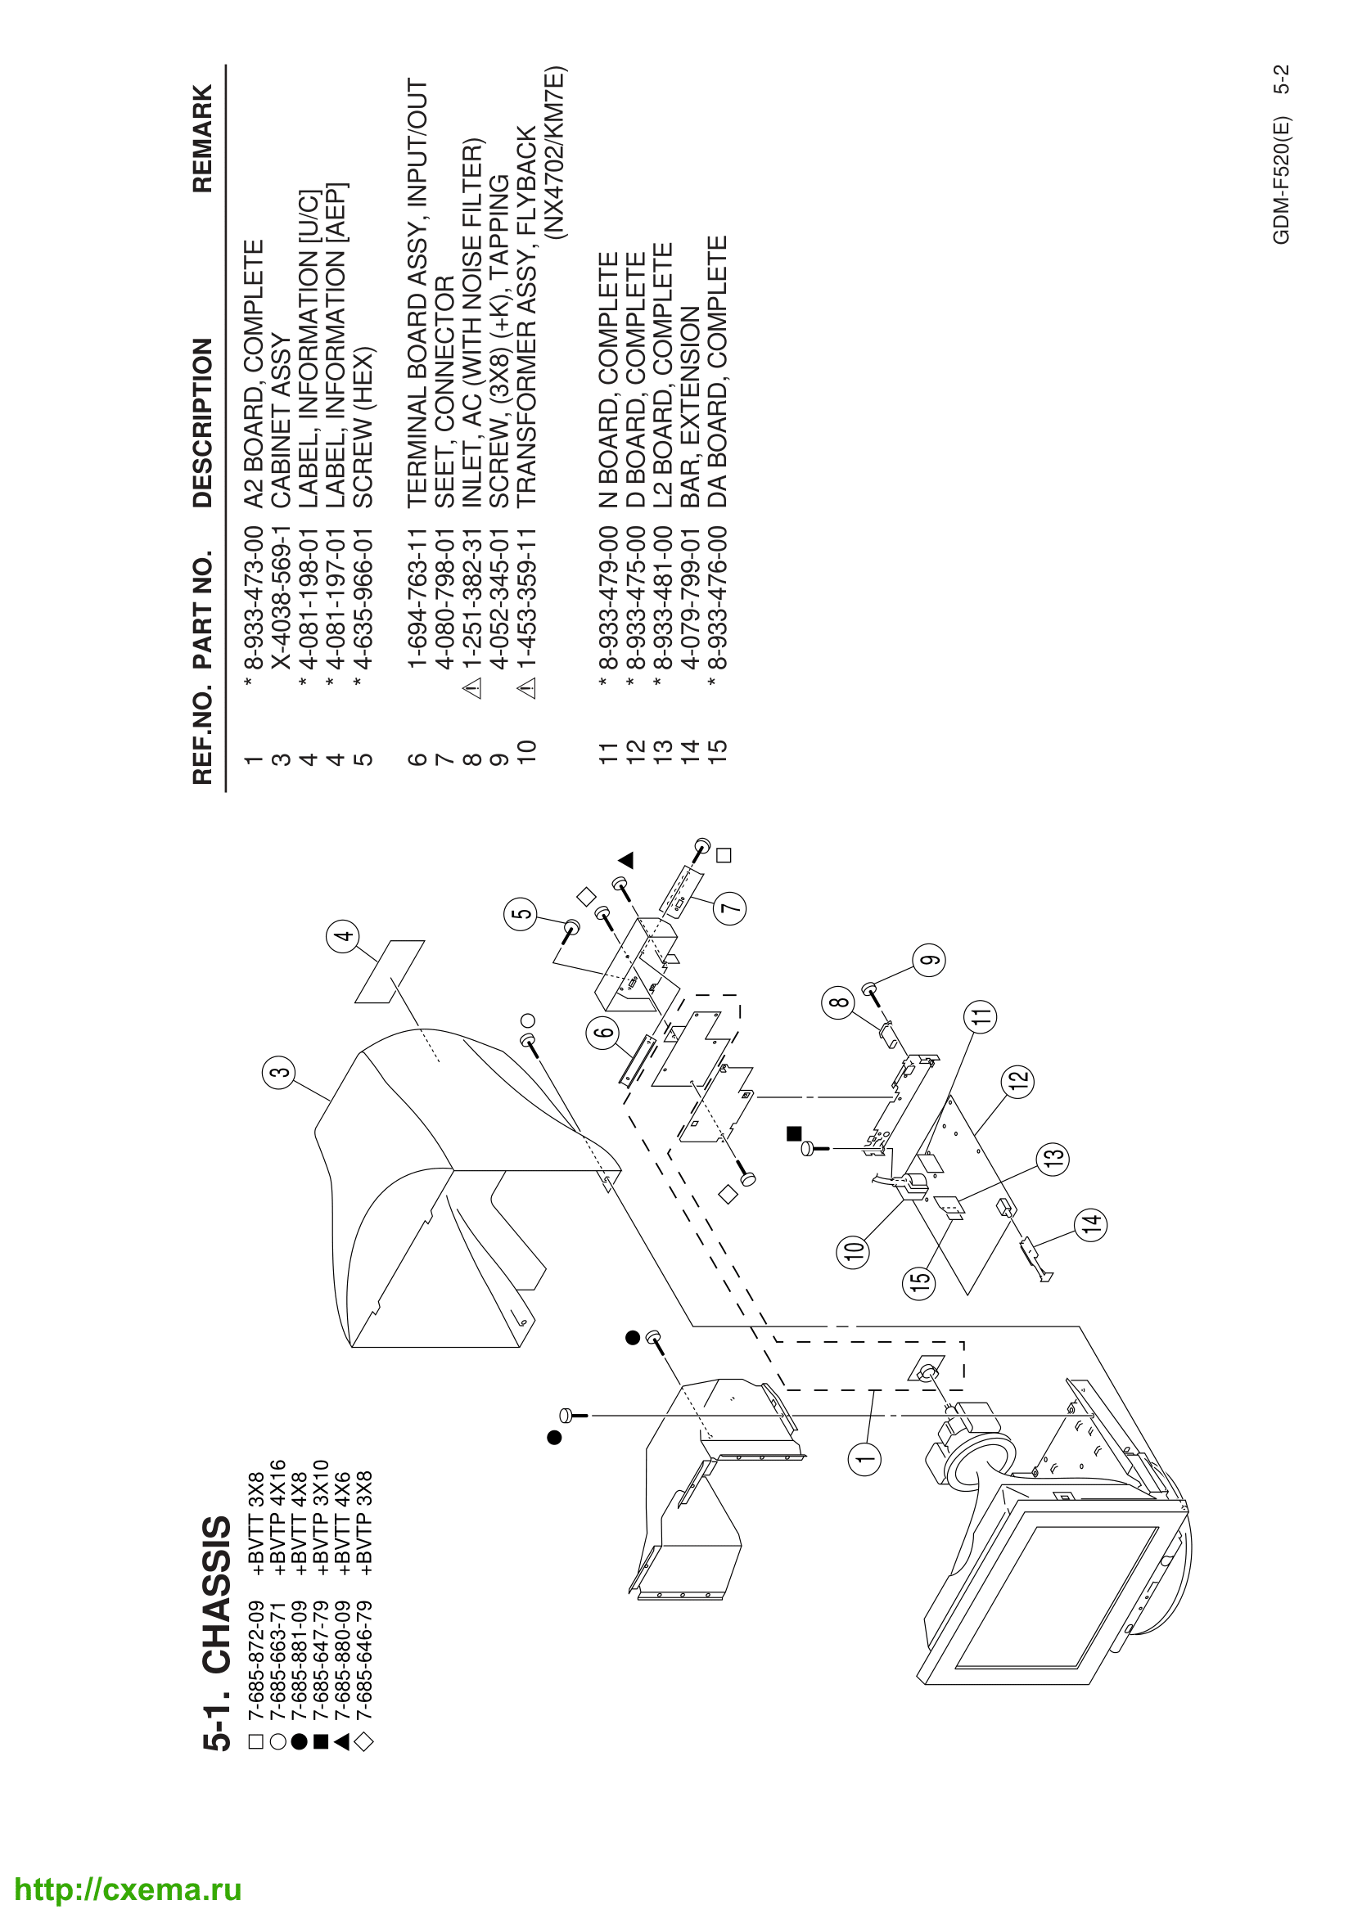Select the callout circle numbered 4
343,936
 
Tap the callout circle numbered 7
729,907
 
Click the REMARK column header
202,138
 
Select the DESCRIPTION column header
202,422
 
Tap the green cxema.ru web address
129,1889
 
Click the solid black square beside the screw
794,1133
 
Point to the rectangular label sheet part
390,972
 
